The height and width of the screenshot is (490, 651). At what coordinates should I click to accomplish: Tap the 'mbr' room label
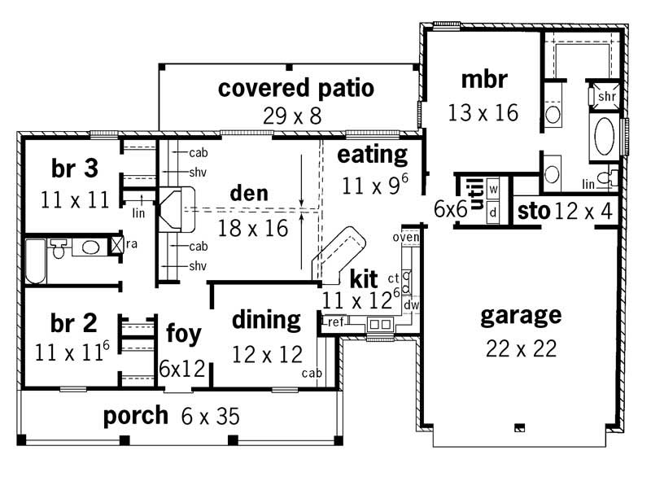[x=483, y=80]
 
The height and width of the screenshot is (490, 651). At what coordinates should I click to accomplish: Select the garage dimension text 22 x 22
[x=521, y=348]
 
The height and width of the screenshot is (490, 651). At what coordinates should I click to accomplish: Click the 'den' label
[x=249, y=194]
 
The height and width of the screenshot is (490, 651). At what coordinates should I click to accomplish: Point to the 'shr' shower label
[x=606, y=97]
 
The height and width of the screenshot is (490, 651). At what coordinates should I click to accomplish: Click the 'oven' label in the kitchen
[x=404, y=237]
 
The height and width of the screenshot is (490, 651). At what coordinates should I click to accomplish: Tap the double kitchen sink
[x=379, y=325]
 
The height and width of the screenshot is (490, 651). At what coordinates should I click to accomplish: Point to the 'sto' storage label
[x=533, y=212]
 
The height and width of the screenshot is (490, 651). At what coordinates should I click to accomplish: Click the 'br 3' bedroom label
[x=75, y=168]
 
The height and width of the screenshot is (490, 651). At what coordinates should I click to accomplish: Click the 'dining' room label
[x=266, y=320]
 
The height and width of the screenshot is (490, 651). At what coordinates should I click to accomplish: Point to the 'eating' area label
[x=373, y=155]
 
